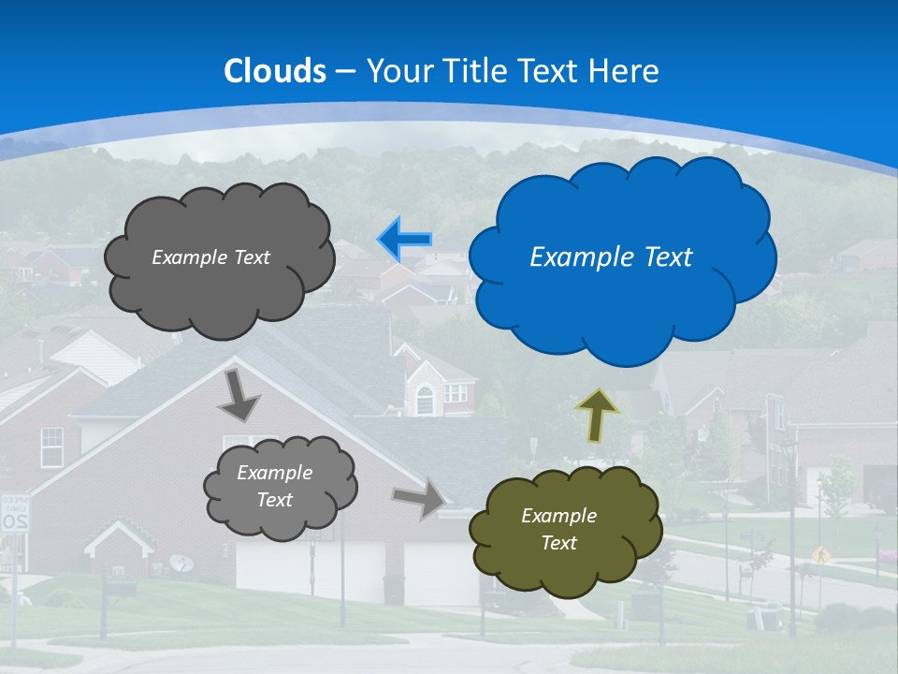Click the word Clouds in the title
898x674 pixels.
pyautogui.click(x=275, y=71)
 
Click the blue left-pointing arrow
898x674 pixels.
pyautogui.click(x=405, y=240)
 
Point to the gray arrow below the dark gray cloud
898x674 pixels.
pyautogui.click(x=239, y=395)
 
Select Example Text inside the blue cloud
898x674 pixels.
pyautogui.click(x=611, y=257)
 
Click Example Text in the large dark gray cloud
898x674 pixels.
pyautogui.click(x=210, y=257)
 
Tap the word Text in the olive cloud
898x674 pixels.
pyautogui.click(x=558, y=543)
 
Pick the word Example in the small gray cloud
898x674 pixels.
pyautogui.click(x=274, y=473)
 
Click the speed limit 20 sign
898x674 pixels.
pyautogui.click(x=14, y=512)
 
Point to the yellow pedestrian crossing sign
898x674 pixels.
pyautogui.click(x=821, y=554)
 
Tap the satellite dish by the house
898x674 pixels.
pyautogui.click(x=181, y=563)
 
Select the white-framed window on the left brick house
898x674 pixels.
pyautogui.click(x=51, y=447)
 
